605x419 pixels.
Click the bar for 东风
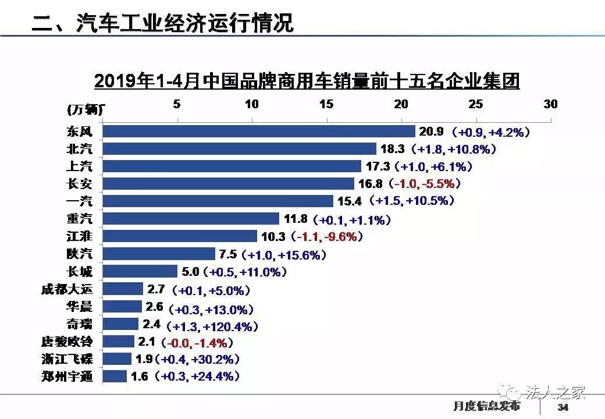tap(259, 132)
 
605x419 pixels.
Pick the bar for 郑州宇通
tap(115, 377)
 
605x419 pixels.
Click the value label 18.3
tap(390, 150)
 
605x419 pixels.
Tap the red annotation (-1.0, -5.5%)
tap(428, 184)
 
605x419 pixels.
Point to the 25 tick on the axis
tap(476, 104)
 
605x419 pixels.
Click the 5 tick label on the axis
tap(176, 104)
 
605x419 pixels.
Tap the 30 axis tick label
tap(550, 104)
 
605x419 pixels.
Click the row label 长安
tap(80, 184)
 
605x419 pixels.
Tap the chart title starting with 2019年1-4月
tap(306, 80)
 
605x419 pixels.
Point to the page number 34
tap(562, 406)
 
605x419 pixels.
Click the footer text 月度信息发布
tap(486, 406)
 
